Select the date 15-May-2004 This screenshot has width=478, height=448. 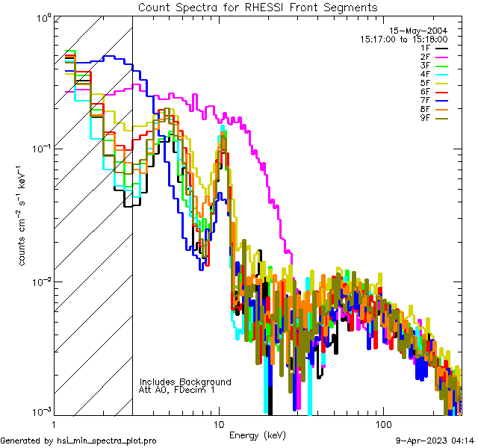(x=422, y=31)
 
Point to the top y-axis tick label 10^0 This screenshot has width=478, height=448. (x=42, y=16)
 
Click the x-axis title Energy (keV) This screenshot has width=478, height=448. (x=257, y=435)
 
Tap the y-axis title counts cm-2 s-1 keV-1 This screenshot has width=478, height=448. (x=23, y=214)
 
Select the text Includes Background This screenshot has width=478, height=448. (x=184, y=382)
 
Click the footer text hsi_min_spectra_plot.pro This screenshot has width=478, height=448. (x=107, y=441)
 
